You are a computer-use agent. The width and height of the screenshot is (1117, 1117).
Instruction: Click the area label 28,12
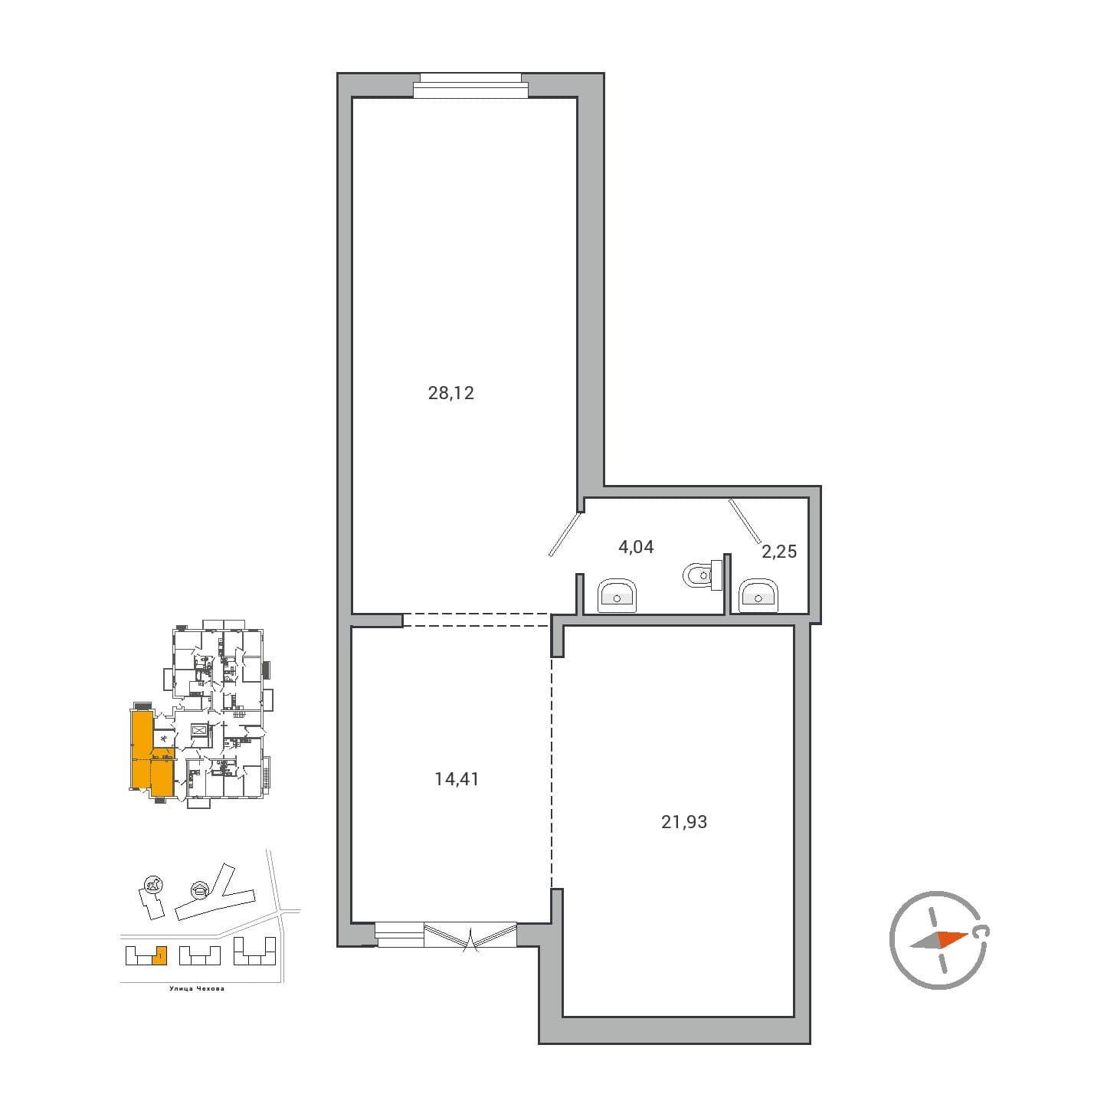click(450, 393)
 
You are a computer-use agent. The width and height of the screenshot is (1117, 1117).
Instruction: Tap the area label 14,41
click(456, 779)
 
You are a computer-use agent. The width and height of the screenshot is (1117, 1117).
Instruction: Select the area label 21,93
click(683, 822)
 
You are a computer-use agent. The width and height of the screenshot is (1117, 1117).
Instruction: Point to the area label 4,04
click(635, 547)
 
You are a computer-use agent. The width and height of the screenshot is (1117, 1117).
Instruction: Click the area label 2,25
click(778, 551)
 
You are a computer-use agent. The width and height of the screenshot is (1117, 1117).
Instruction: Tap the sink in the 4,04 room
click(617, 595)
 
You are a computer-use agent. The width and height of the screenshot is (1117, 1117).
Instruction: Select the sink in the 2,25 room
click(758, 595)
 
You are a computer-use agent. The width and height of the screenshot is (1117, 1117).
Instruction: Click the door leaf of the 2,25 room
click(744, 521)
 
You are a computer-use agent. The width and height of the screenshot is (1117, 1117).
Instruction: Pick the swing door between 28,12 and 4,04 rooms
click(566, 534)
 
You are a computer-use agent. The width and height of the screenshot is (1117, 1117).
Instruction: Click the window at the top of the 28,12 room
click(470, 86)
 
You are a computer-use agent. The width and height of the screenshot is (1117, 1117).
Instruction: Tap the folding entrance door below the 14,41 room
click(470, 937)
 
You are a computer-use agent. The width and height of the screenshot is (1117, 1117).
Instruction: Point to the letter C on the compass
click(980, 932)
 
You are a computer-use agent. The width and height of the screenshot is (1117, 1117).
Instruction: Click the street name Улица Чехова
click(197, 989)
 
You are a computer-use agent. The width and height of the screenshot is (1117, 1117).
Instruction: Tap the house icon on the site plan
click(199, 890)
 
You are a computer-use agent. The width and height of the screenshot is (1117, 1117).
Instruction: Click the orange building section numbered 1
click(159, 955)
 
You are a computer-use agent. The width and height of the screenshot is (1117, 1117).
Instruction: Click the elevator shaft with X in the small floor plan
click(199, 730)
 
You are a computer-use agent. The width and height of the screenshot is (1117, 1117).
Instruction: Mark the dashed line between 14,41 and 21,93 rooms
click(552, 774)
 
